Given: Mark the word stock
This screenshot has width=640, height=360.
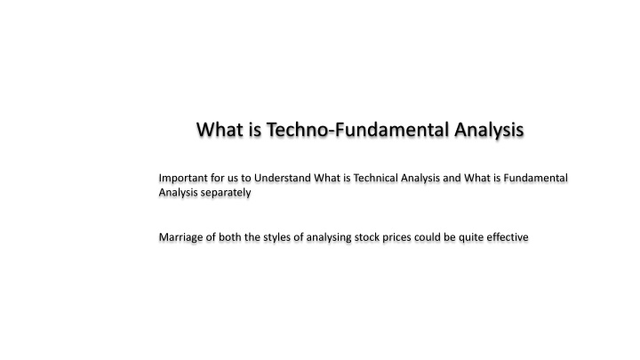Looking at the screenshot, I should tap(370, 237).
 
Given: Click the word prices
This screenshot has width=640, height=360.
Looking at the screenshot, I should tap(403, 237).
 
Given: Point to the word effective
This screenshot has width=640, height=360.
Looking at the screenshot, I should tap(506, 237).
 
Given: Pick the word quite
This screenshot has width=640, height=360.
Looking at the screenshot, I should tap(469, 237).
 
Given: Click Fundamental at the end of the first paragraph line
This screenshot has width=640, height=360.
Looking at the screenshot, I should tap(536, 179).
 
